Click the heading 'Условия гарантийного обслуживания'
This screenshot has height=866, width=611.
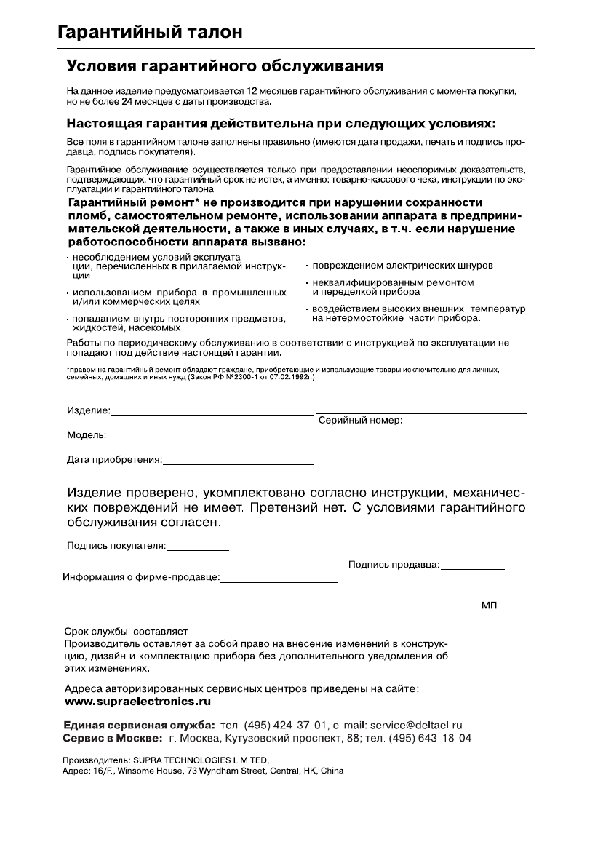coord(225,68)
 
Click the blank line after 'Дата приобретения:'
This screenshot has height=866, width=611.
coord(238,461)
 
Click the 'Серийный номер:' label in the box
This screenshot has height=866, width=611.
coord(360,421)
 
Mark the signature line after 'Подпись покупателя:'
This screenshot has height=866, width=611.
coord(198,547)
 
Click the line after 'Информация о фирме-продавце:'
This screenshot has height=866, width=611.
coord(279,580)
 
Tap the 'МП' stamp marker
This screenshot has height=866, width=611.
coord(489,605)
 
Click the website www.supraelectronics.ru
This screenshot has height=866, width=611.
coord(138,702)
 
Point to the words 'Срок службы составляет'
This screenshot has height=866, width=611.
coord(127,632)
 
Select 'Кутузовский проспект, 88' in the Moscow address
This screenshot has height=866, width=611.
coord(274,738)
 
